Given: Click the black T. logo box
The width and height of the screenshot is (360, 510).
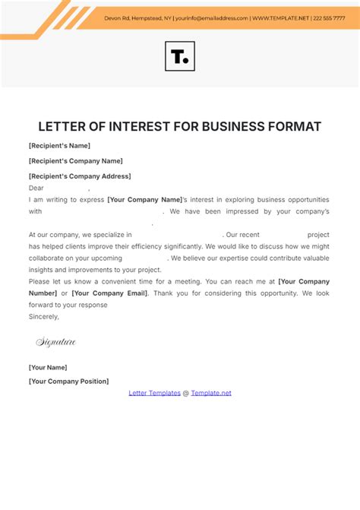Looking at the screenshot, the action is [x=179, y=56].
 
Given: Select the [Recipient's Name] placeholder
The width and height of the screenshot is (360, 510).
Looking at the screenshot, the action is [x=59, y=145].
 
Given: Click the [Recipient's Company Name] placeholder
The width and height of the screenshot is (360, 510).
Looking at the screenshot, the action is [x=75, y=160].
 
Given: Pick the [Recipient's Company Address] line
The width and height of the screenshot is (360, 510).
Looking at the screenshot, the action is [x=80, y=176].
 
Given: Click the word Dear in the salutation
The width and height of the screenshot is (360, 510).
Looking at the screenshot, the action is [x=36, y=187].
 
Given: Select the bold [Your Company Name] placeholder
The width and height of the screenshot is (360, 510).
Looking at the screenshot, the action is [x=145, y=200].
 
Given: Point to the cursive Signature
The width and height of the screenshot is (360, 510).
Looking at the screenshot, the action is [x=56, y=342].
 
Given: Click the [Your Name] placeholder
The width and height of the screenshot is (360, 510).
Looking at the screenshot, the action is [x=47, y=367].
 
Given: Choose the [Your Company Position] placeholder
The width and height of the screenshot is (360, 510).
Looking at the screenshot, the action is [x=68, y=381].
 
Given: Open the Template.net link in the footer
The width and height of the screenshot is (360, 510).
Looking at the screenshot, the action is [x=211, y=393].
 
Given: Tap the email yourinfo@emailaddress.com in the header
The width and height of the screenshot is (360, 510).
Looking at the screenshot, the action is [x=211, y=17].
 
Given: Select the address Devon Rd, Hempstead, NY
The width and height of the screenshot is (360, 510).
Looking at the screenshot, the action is [x=137, y=17].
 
